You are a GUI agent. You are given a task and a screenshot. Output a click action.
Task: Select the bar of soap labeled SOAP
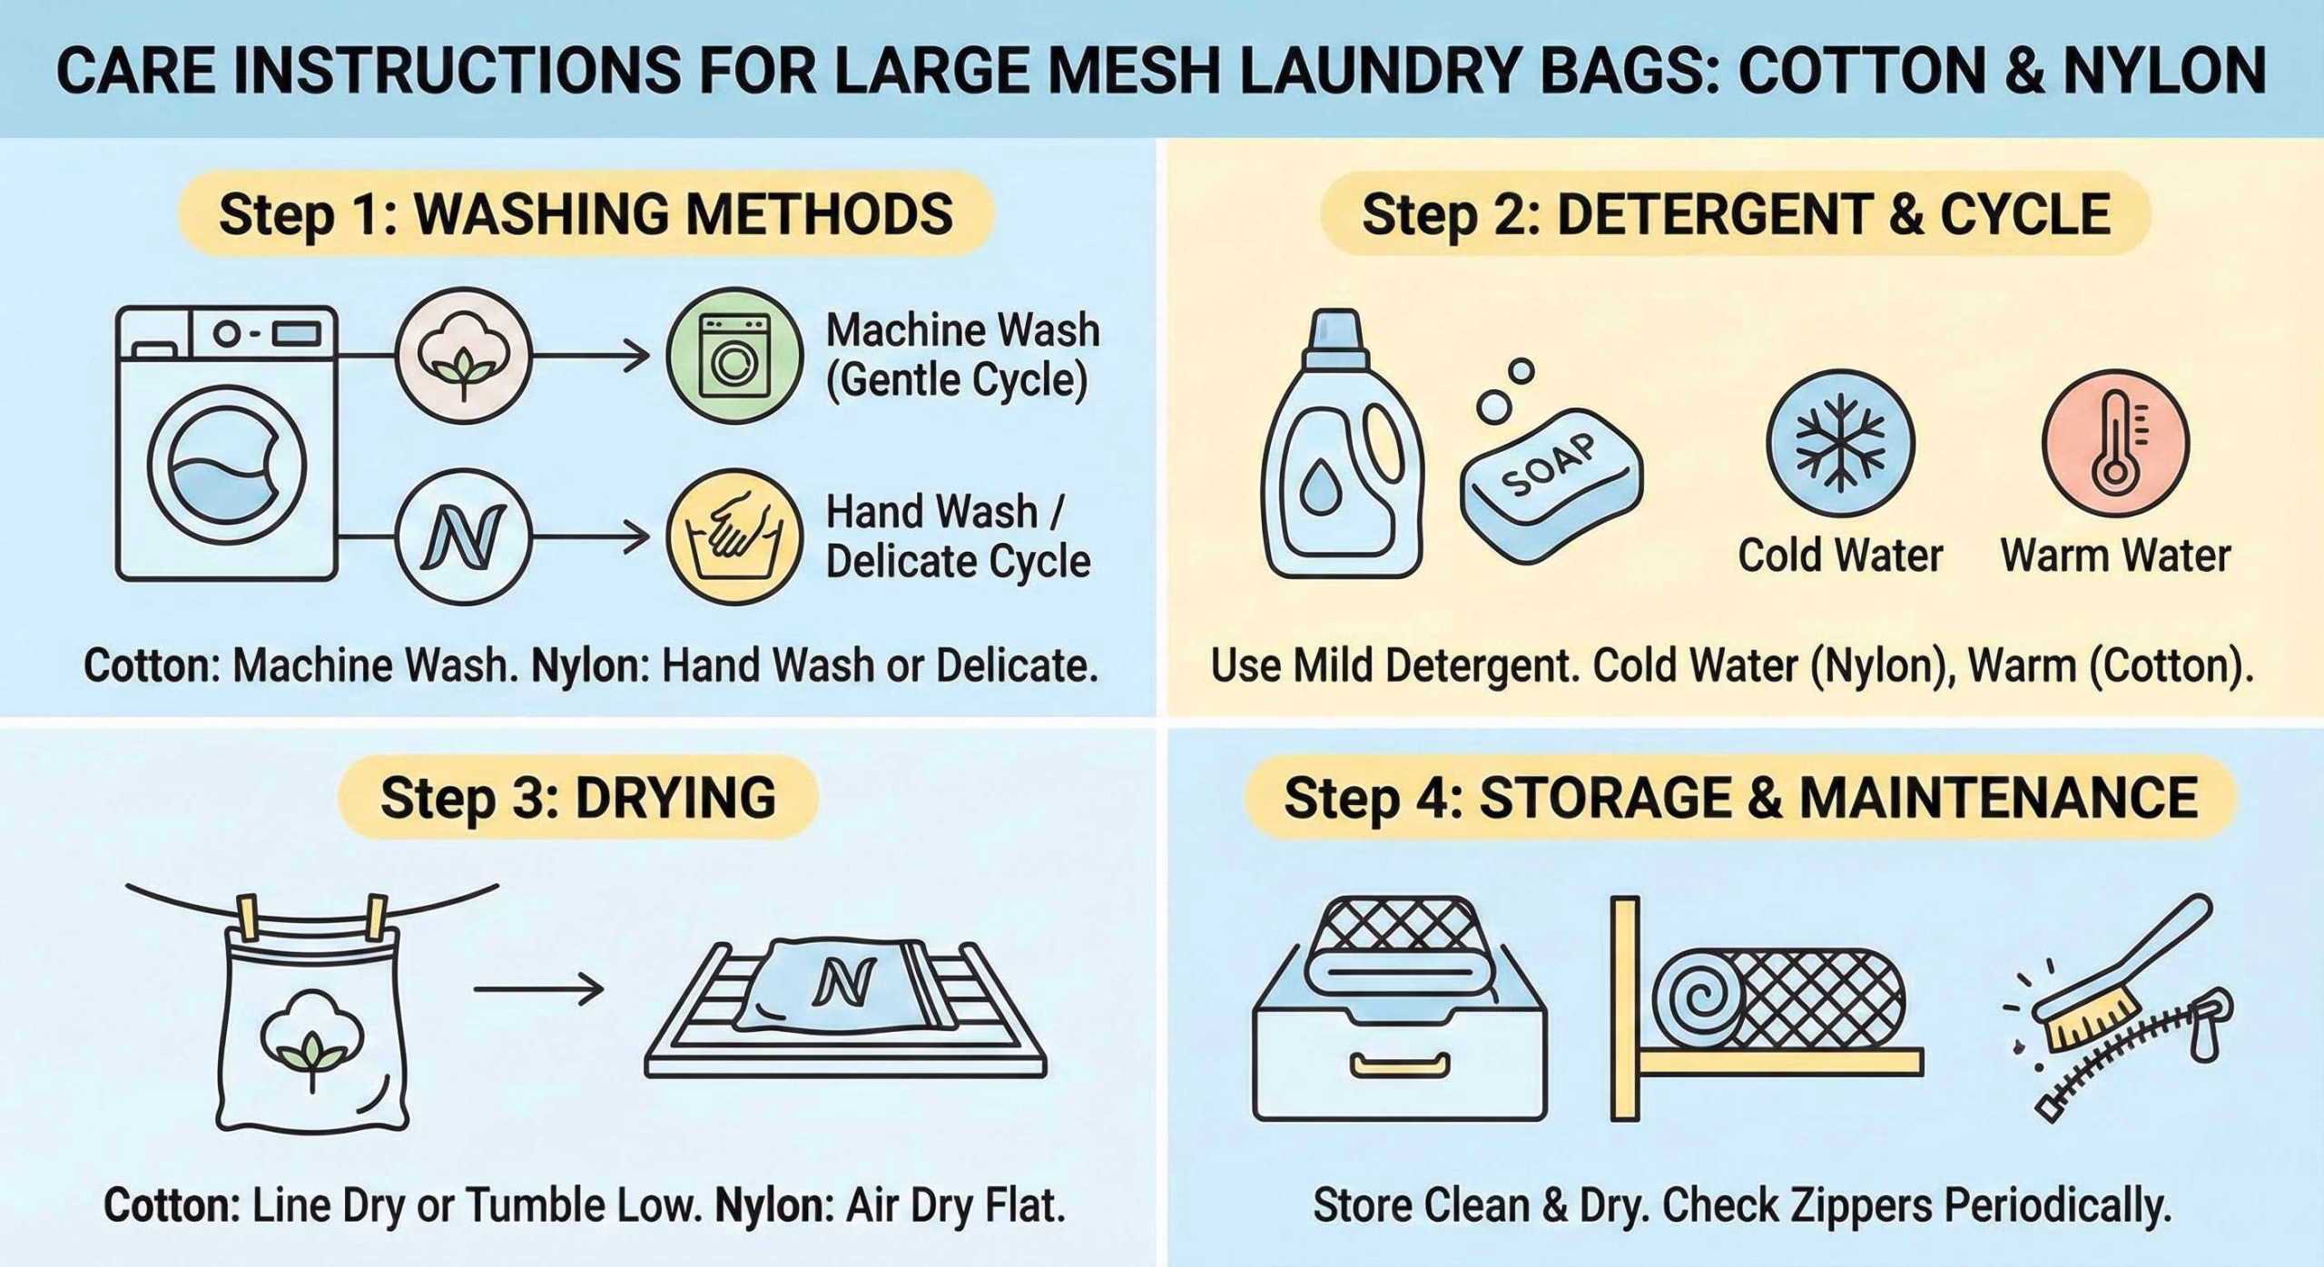tap(1551, 486)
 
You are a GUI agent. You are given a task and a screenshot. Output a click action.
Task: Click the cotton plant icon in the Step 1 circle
tap(463, 355)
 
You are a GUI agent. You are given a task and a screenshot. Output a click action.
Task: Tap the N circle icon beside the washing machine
tap(463, 536)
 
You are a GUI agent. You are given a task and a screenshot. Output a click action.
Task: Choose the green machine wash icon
tap(734, 355)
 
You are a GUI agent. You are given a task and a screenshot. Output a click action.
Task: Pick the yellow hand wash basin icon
tap(734, 536)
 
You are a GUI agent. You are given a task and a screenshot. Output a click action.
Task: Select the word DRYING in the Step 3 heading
tap(675, 798)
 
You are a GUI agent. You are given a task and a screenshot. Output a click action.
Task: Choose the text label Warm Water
tap(2115, 555)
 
